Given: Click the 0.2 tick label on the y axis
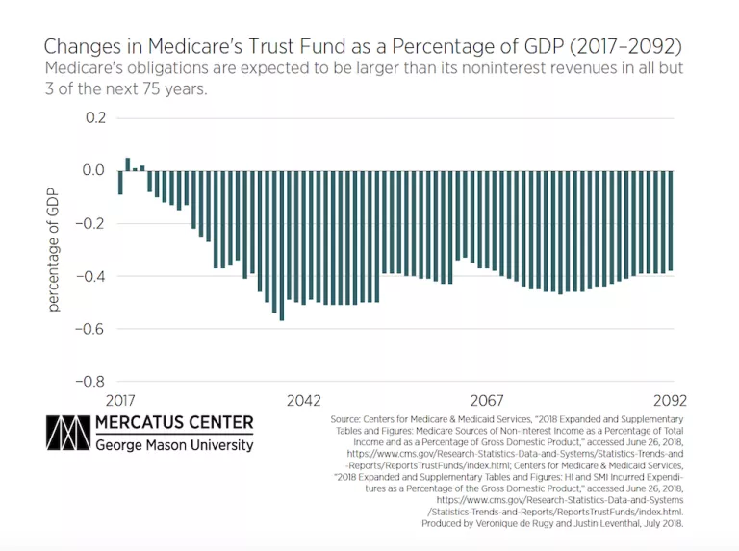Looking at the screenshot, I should coord(94,118).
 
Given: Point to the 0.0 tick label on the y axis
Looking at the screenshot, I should coord(94,171).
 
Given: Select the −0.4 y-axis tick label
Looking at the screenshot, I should coord(89,276).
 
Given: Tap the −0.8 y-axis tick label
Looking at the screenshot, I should coord(89,381).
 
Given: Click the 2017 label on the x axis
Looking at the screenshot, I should coord(119,400).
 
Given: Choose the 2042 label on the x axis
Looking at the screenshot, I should coord(303,400).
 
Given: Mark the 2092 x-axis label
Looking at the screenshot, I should coord(670,400).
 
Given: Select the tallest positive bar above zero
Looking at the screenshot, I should coord(127,164).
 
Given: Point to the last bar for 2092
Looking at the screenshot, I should coord(670,221).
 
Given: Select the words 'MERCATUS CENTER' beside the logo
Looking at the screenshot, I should coord(174,423).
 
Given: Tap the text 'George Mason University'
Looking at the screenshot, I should coord(174,444).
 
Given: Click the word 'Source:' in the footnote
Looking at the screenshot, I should coord(349,420).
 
